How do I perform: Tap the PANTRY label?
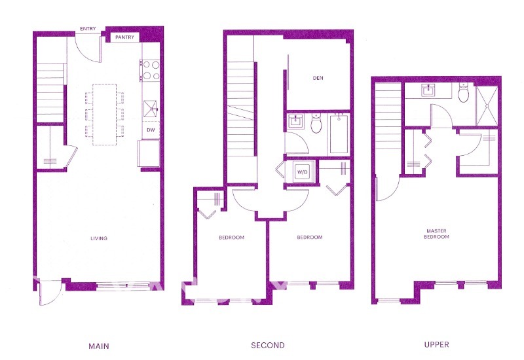(124, 37)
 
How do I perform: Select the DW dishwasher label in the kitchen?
(151, 129)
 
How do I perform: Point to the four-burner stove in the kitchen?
(151, 70)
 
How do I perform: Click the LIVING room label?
(99, 238)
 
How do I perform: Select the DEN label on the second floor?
(318, 79)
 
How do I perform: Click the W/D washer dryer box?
(302, 173)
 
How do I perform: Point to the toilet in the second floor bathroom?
(316, 124)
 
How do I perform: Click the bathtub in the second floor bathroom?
(339, 134)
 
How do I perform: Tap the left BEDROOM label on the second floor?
(231, 238)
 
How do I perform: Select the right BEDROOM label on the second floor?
(309, 238)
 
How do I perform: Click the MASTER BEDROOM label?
(437, 234)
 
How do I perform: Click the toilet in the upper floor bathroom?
(464, 96)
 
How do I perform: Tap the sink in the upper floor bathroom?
(434, 92)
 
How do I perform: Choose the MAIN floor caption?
(98, 345)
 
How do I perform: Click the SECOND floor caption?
(268, 345)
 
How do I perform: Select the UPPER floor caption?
(436, 345)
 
